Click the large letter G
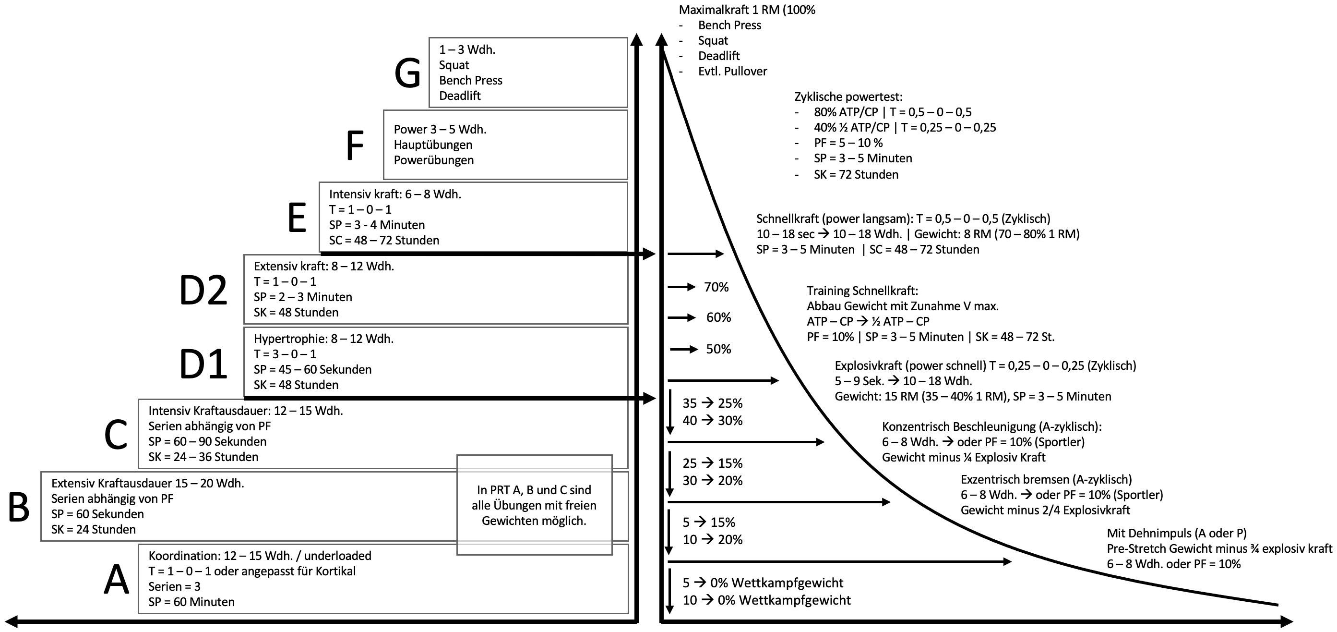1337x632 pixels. pyautogui.click(x=407, y=73)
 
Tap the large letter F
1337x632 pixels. pyautogui.click(x=355, y=146)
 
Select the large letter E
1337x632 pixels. pyautogui.click(x=297, y=218)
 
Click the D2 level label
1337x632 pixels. pyautogui.click(x=203, y=290)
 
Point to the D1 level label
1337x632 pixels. pyautogui.click(x=203, y=364)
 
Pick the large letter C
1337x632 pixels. pyautogui.click(x=116, y=435)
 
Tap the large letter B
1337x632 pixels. pyautogui.click(x=19, y=507)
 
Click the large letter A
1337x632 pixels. pyautogui.click(x=116, y=580)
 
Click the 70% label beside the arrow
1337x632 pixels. pyautogui.click(x=716, y=287)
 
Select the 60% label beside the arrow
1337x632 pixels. pyautogui.click(x=718, y=317)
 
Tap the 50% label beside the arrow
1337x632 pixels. pyautogui.click(x=718, y=349)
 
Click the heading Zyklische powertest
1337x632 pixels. pyautogui.click(x=848, y=97)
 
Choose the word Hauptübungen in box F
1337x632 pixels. pyautogui.click(x=433, y=145)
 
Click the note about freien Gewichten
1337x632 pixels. pyautogui.click(x=534, y=505)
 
